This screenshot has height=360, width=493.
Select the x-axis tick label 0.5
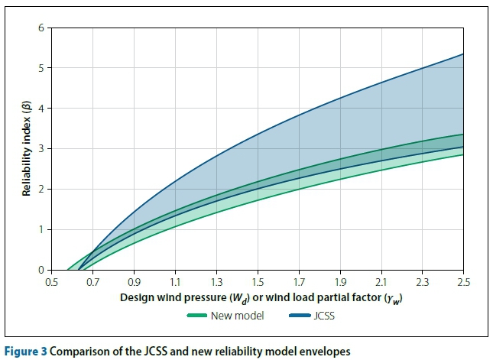click(x=51, y=281)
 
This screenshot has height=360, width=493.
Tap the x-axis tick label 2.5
click(x=463, y=281)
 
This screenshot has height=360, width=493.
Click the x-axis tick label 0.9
click(x=134, y=281)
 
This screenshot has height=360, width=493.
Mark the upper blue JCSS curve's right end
click(x=463, y=54)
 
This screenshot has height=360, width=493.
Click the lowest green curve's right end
click(x=463, y=155)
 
